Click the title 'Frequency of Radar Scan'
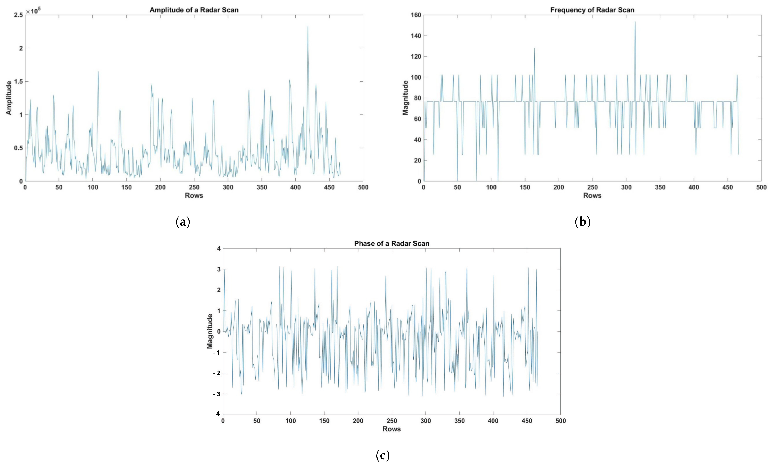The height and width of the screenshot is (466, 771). [x=592, y=10]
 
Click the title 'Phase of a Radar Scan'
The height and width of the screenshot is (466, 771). [x=392, y=244]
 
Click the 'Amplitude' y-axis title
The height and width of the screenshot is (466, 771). [x=9, y=98]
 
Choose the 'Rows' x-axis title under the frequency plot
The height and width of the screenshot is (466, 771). [x=592, y=196]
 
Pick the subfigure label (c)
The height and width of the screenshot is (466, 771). [x=382, y=456]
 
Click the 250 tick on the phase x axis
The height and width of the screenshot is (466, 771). [x=392, y=421]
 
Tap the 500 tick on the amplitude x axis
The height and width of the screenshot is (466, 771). [x=363, y=187]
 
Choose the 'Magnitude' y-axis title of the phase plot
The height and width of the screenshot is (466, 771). [x=210, y=331]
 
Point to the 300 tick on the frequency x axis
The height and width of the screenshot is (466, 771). [x=626, y=187]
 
